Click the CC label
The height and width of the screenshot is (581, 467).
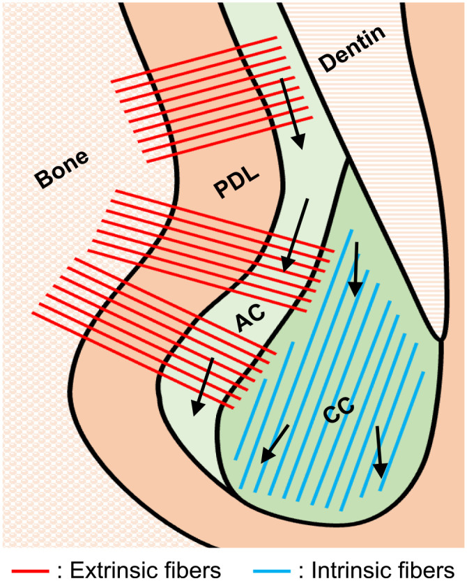(340, 410)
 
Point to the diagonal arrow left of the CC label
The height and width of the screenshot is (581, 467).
(274, 444)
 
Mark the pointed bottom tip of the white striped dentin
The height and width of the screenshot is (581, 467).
(441, 339)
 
